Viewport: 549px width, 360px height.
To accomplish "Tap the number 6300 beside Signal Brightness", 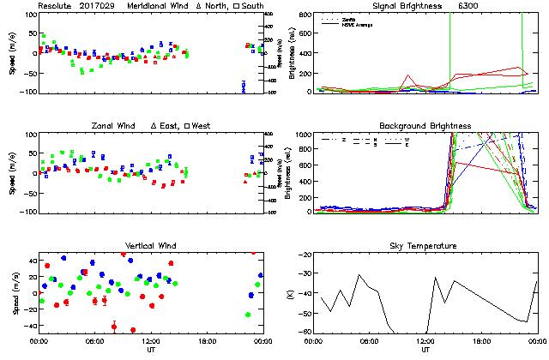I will (x=470, y=6).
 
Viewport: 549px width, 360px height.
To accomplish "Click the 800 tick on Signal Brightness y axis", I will (x=305, y=15).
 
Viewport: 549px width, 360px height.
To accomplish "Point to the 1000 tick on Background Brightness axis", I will (x=304, y=135).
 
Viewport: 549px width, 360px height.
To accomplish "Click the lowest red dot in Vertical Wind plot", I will (x=133, y=330).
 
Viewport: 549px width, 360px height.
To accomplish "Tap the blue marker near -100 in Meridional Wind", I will (x=244, y=86).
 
